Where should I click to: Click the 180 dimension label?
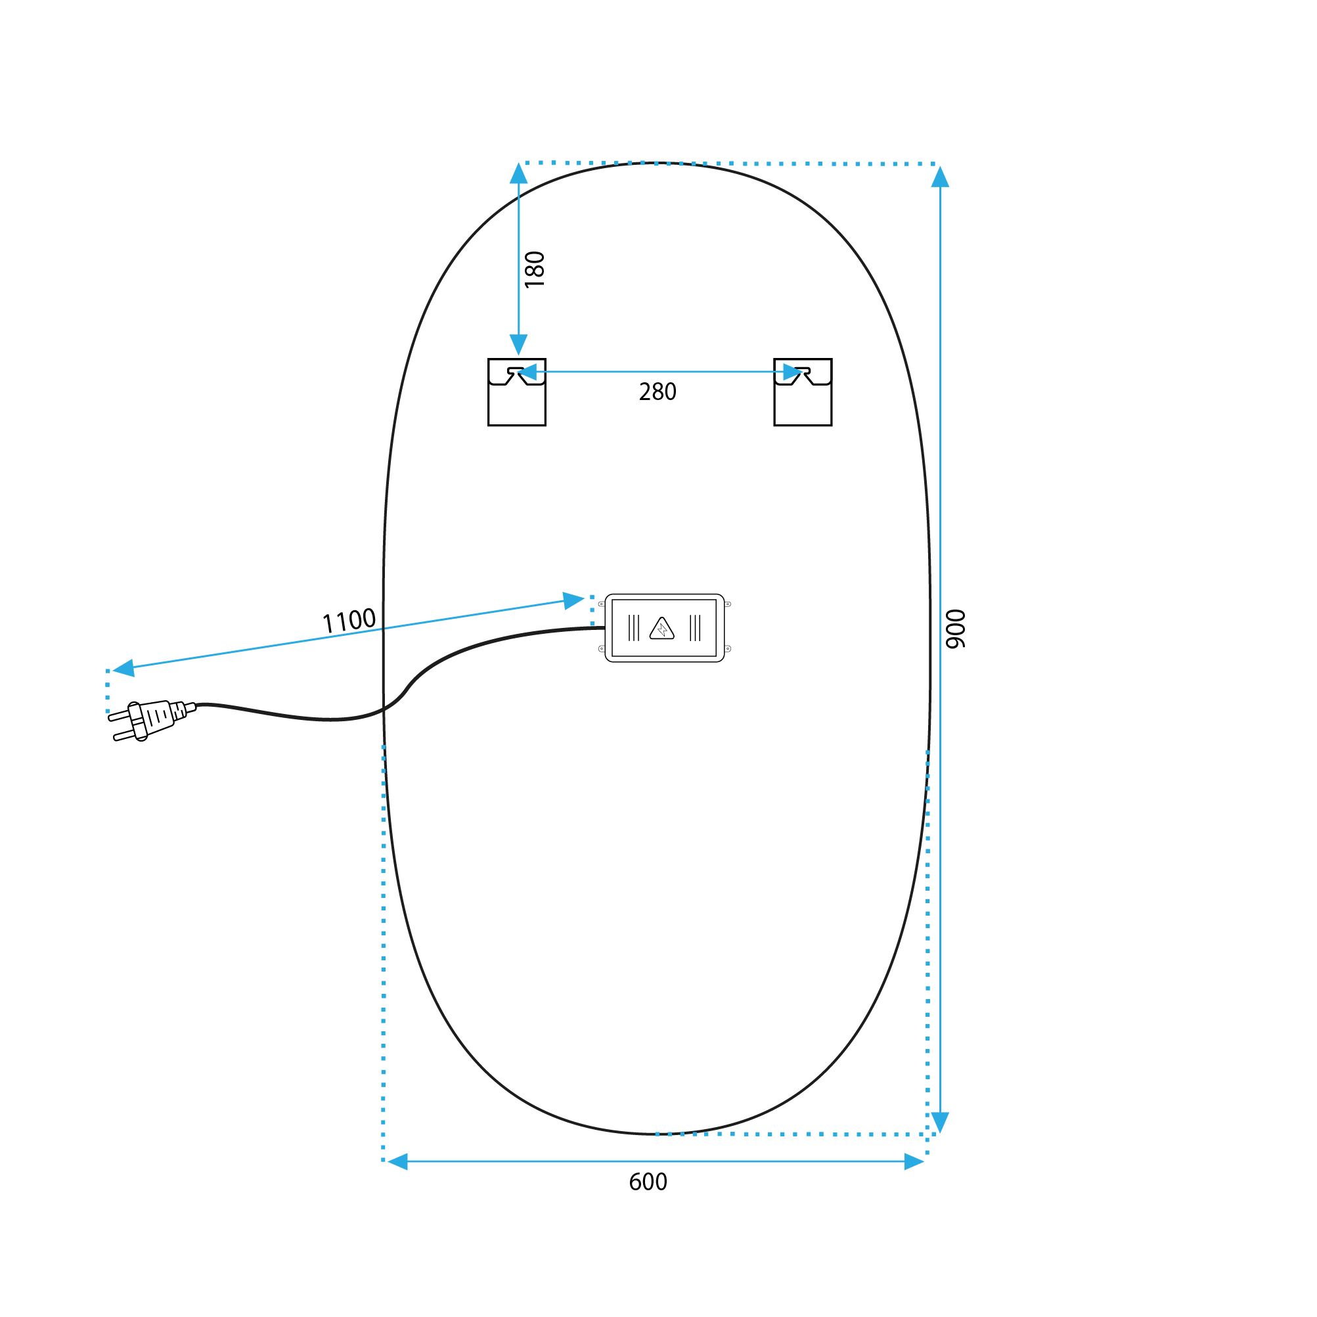(x=535, y=269)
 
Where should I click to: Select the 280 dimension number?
(x=657, y=392)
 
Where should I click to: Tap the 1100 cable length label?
(x=348, y=620)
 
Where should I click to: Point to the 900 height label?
(x=956, y=629)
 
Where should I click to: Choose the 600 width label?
(x=648, y=1181)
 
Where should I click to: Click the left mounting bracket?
(x=517, y=392)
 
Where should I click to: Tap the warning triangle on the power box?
(x=661, y=628)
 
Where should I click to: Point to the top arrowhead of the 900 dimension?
(x=940, y=177)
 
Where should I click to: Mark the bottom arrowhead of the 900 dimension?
(x=940, y=1122)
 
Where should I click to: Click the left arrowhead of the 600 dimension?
(x=397, y=1161)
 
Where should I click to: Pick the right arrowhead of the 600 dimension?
(x=914, y=1161)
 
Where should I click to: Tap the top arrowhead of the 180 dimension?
(x=519, y=173)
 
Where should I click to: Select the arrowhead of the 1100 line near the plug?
(x=124, y=669)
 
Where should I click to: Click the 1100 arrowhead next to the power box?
(x=574, y=600)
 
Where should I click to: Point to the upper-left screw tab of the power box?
(x=601, y=603)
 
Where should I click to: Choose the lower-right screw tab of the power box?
(x=728, y=648)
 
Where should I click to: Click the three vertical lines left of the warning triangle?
(x=634, y=628)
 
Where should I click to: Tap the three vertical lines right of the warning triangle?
(x=695, y=628)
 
